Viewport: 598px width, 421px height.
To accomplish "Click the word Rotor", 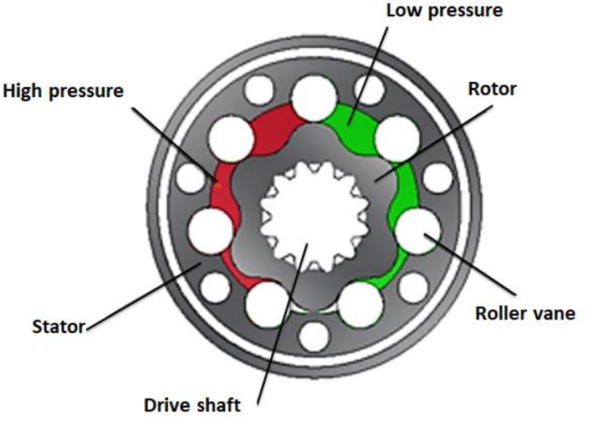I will [492, 89].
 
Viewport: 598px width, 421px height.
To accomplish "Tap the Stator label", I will [58, 325].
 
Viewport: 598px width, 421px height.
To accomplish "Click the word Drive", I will [168, 405].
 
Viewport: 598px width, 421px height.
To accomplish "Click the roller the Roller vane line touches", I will [418, 232].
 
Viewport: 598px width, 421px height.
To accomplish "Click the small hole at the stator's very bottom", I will [314, 337].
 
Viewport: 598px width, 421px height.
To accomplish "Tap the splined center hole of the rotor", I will [314, 216].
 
